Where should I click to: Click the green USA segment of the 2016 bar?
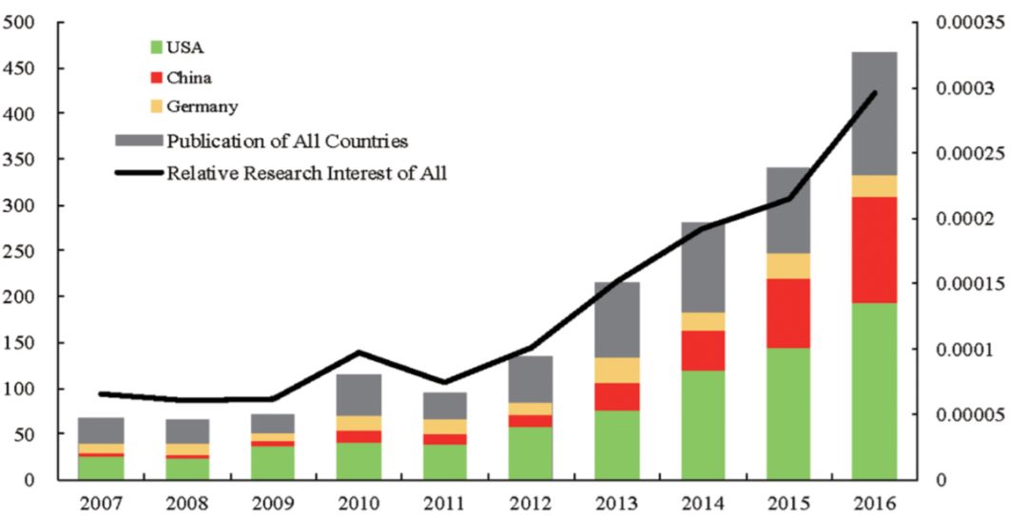click(x=874, y=391)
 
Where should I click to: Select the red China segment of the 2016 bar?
click(x=874, y=249)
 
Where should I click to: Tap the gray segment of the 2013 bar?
click(x=615, y=319)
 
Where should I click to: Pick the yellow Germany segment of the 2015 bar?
click(x=788, y=266)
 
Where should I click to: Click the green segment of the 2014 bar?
click(x=702, y=425)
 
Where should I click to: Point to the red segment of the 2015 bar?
click(x=788, y=313)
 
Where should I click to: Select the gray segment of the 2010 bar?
click(x=358, y=394)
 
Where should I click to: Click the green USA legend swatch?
click(x=157, y=46)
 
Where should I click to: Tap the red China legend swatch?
click(x=157, y=77)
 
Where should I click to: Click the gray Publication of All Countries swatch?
click(x=138, y=141)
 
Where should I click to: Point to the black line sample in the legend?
click(x=138, y=173)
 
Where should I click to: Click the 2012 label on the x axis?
click(x=529, y=502)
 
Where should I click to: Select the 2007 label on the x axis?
click(x=100, y=502)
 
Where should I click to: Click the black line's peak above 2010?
click(x=358, y=353)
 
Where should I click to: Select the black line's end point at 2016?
click(x=874, y=92)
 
